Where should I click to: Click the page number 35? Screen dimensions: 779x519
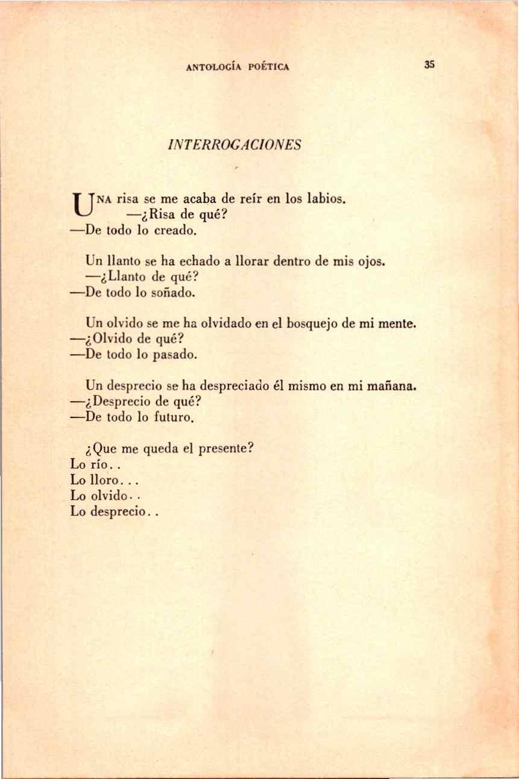(429, 65)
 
